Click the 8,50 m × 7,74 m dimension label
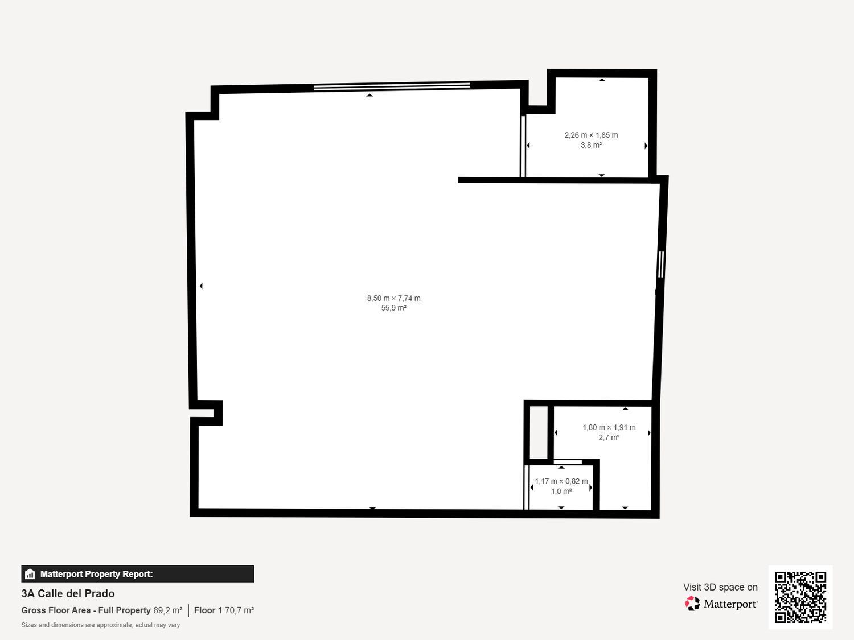[x=394, y=298]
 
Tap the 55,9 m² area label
[x=394, y=308]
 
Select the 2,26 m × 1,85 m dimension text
[x=591, y=135]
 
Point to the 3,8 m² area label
[x=591, y=145]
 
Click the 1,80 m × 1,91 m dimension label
[x=609, y=427]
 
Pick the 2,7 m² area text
[x=609, y=437]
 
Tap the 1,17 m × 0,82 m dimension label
[x=561, y=481]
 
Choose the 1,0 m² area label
[x=561, y=491]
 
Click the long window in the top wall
[x=392, y=86]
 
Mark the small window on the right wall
[x=660, y=264]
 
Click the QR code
[x=800, y=597]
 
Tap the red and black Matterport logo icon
[x=692, y=604]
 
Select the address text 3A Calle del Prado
[x=68, y=594]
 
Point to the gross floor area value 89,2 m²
[x=168, y=610]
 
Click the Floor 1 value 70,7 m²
[x=239, y=610]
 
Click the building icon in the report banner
[x=30, y=574]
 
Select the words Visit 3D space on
[x=720, y=587]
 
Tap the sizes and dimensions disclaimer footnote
[x=100, y=625]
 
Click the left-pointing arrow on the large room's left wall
[x=201, y=286]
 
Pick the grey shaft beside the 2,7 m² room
[x=539, y=432]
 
